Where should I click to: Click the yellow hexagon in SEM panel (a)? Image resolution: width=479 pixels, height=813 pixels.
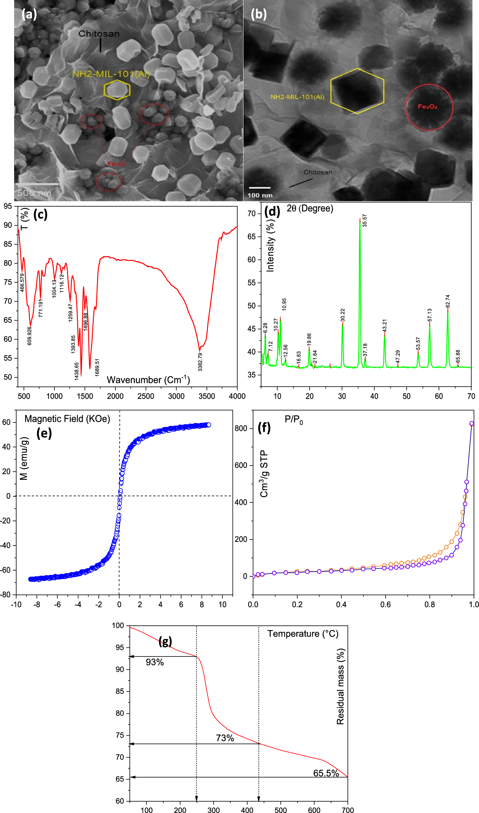tap(117, 90)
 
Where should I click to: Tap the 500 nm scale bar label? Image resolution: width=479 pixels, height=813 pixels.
tap(34, 193)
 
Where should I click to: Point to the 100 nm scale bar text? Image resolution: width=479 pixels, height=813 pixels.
tap(260, 195)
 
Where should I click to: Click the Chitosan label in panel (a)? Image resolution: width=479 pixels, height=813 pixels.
tap(99, 34)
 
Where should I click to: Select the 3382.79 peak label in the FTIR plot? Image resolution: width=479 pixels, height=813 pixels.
tap(200, 362)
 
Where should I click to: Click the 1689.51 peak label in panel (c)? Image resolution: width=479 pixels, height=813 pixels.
tap(97, 367)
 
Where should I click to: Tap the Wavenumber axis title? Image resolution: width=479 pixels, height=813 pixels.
tap(148, 380)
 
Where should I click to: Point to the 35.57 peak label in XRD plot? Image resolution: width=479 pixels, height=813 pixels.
tap(365, 221)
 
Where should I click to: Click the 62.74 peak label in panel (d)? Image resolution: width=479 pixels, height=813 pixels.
tap(448, 301)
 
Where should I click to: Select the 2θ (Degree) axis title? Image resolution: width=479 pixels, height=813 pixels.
tap(310, 208)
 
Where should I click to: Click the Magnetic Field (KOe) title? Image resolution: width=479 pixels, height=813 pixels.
tap(67, 419)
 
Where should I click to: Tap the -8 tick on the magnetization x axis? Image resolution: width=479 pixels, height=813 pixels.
tap(37, 605)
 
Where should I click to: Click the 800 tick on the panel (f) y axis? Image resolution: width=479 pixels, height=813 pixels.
tap(241, 428)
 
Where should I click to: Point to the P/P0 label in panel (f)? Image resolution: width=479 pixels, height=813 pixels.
tap(294, 419)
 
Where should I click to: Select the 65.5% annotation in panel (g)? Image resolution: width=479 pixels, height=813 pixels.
tap(326, 773)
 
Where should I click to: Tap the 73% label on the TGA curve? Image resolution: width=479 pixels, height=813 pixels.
tap(225, 738)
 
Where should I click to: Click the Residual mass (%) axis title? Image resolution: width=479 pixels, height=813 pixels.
tap(340, 687)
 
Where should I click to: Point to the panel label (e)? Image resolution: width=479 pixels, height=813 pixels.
tap(44, 433)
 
